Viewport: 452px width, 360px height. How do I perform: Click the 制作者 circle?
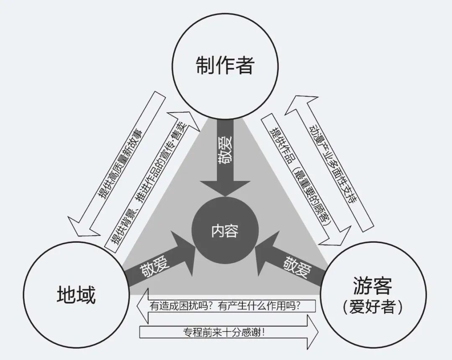tap(225, 65)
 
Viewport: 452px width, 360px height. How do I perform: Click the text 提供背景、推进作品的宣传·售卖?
tap(151, 182)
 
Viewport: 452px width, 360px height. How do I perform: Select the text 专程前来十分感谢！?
tap(224, 333)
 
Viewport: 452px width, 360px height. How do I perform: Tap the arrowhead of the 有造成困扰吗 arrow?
tap(142, 306)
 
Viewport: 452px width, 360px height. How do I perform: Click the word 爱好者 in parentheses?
tap(372, 308)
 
